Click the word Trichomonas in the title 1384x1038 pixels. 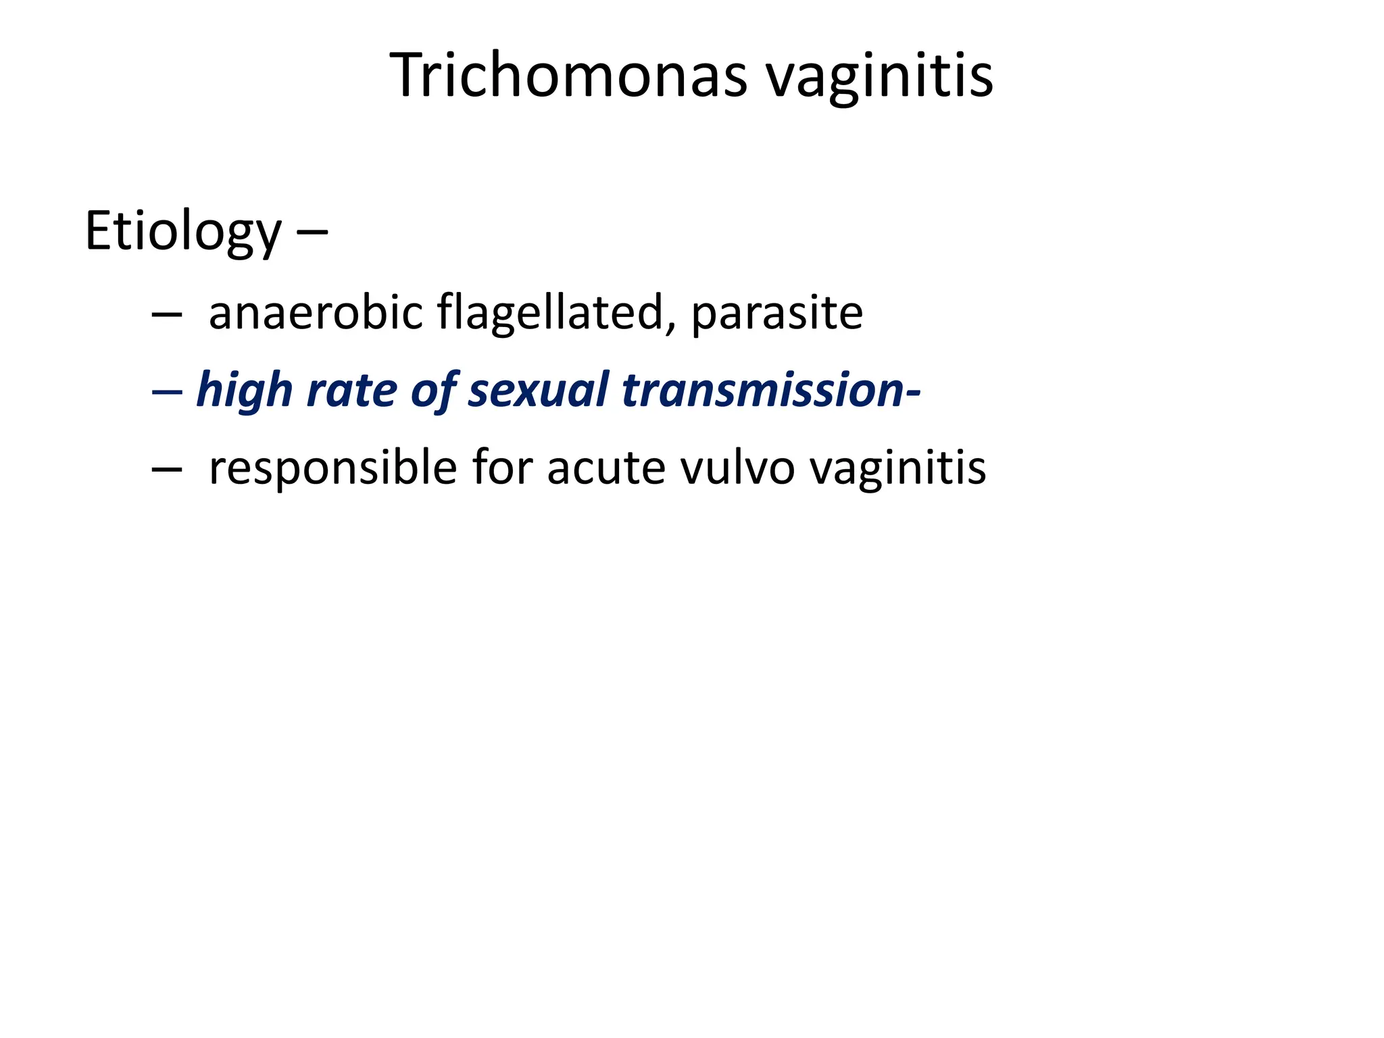click(568, 75)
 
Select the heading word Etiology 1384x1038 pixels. click(183, 232)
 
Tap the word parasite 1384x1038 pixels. click(776, 314)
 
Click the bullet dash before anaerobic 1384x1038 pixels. click(167, 315)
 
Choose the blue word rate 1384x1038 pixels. click(351, 391)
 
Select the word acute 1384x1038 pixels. click(605, 468)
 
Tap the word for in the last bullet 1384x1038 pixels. click(502, 467)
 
